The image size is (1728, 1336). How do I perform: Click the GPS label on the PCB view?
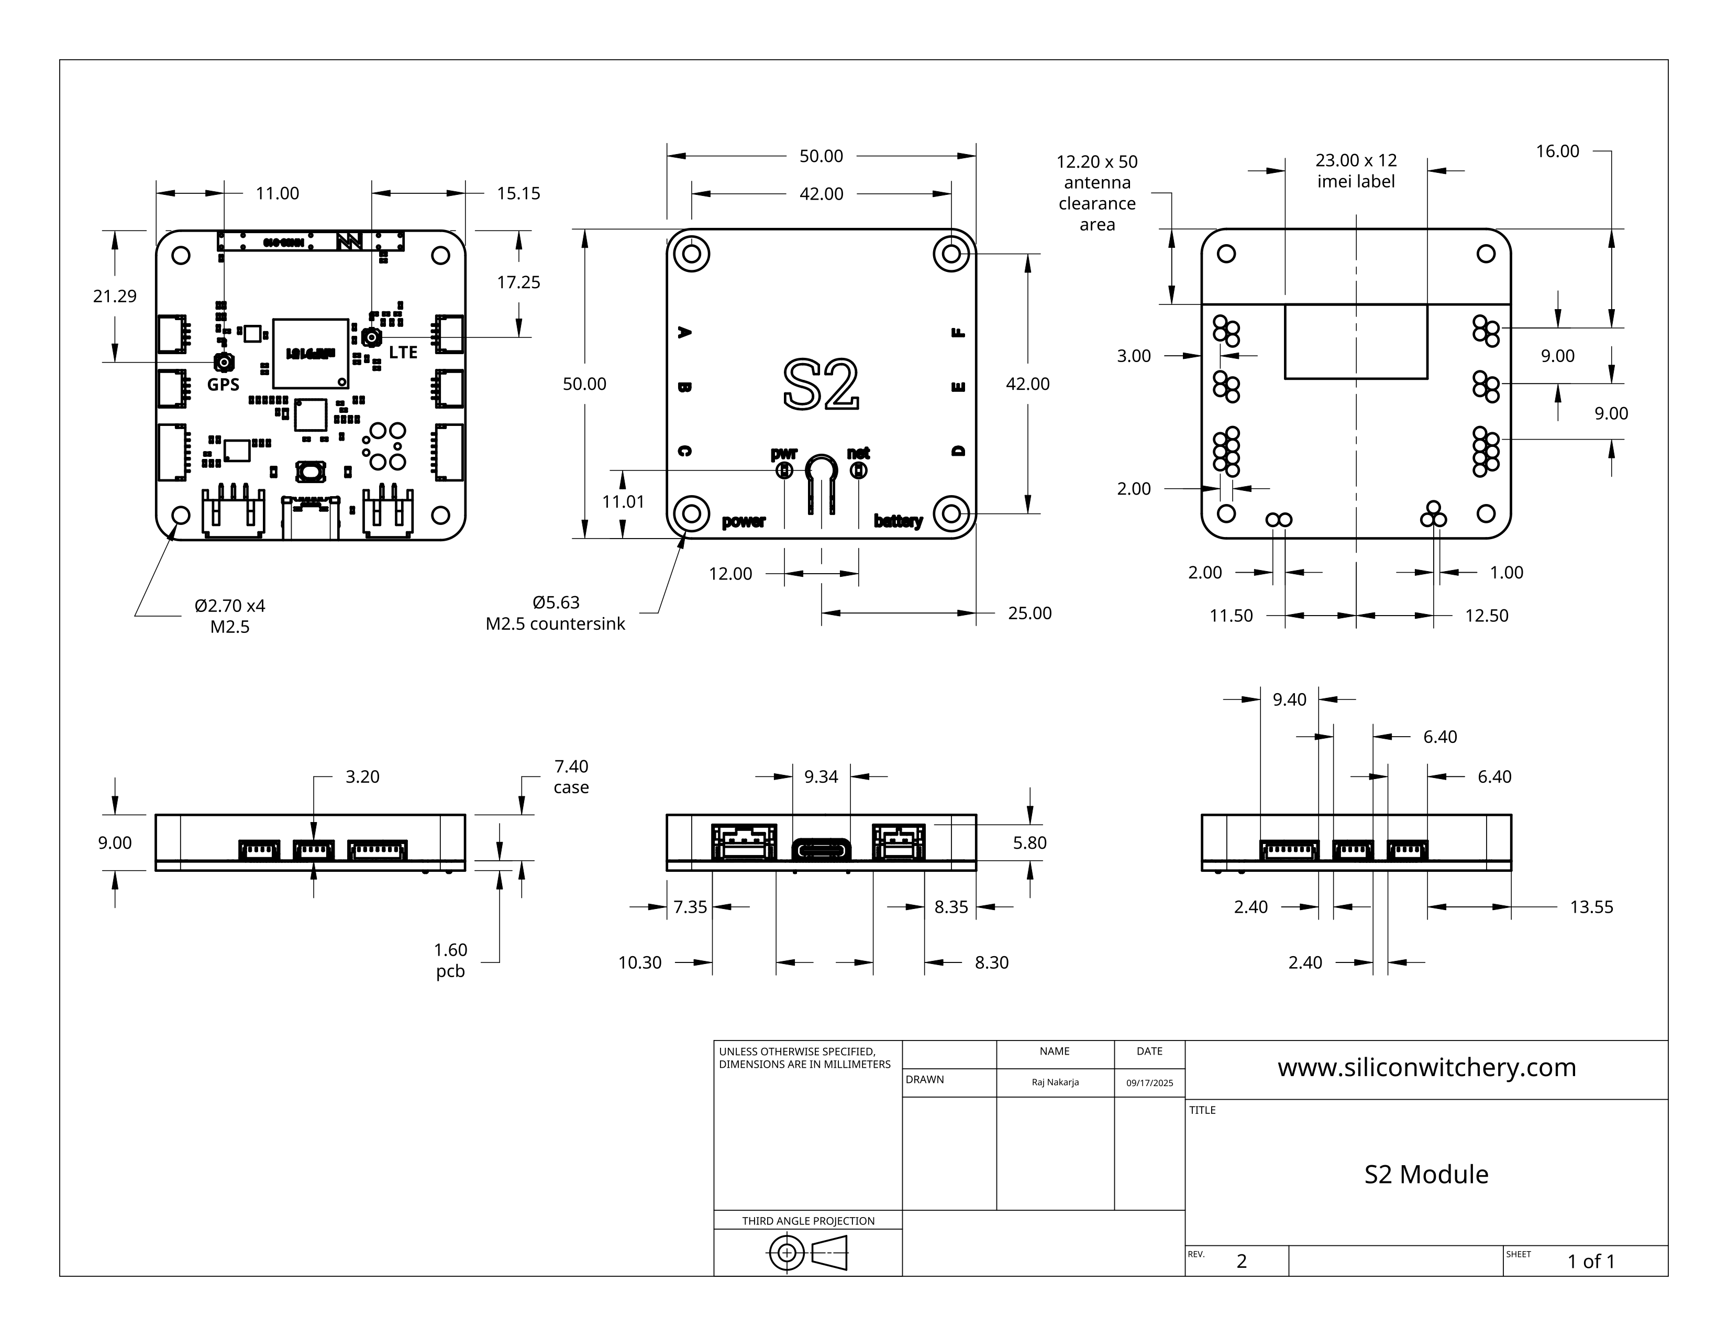[x=223, y=385]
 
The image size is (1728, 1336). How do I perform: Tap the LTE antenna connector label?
[x=403, y=352]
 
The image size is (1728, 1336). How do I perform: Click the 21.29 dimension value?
[x=115, y=296]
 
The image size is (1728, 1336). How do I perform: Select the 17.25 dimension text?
[x=518, y=282]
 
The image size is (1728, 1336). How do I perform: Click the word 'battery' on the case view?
[x=898, y=521]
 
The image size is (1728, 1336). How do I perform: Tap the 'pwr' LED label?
[x=783, y=454]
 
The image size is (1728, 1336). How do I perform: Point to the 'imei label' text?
[x=1355, y=181]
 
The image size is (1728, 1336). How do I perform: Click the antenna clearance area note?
[x=1096, y=193]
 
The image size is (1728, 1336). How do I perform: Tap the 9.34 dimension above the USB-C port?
[x=821, y=776]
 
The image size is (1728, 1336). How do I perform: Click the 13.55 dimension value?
[x=1591, y=907]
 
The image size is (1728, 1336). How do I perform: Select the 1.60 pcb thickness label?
[x=450, y=960]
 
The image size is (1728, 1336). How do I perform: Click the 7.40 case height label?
[x=570, y=776]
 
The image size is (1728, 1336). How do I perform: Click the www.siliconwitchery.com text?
[x=1426, y=1068]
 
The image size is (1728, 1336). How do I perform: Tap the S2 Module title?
[x=1426, y=1175]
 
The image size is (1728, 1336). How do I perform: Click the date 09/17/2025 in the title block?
[x=1149, y=1083]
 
